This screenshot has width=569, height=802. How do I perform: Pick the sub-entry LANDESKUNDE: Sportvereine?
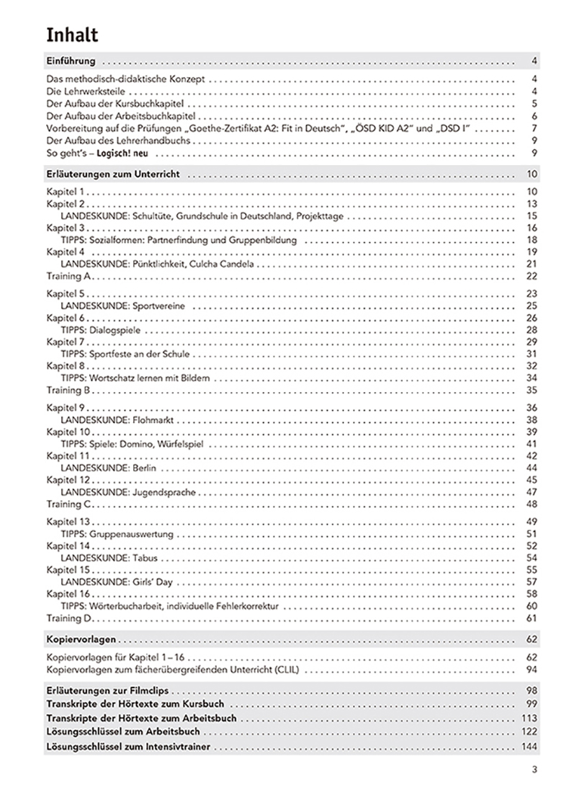[123, 306]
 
